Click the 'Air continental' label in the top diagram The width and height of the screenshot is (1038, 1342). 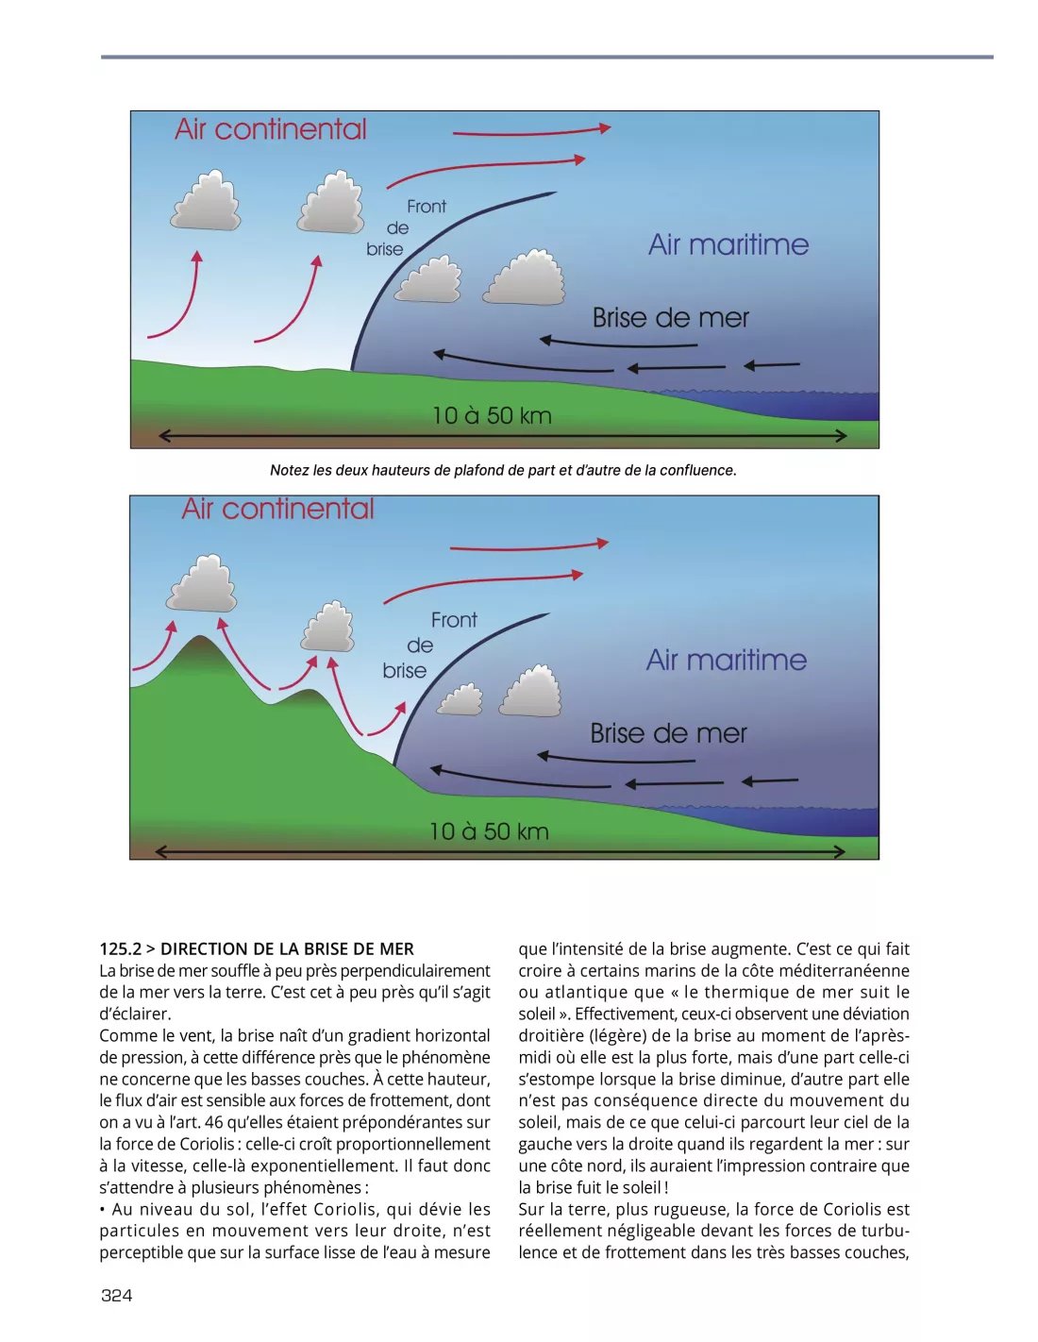(x=271, y=129)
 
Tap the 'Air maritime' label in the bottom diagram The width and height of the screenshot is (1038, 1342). (x=727, y=660)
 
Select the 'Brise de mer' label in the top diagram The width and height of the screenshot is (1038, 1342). (x=670, y=318)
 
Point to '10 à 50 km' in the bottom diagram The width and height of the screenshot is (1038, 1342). (x=489, y=831)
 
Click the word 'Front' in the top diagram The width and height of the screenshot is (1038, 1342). (x=427, y=207)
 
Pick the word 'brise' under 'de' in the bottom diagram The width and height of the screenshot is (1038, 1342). (x=405, y=671)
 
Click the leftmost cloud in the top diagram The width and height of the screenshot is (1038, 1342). (x=206, y=201)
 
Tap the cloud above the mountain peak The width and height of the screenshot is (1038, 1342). (x=202, y=584)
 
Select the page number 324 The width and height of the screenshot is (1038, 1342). (x=117, y=1295)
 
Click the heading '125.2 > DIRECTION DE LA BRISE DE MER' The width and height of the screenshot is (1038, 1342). (x=257, y=948)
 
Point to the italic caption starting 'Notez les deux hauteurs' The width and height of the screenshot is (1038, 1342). (x=503, y=470)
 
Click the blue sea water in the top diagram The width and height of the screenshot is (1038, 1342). (x=830, y=406)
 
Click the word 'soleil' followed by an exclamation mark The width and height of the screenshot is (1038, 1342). (x=640, y=1187)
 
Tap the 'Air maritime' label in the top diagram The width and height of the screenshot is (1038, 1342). (x=728, y=245)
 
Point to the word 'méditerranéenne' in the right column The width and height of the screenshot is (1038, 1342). (x=844, y=970)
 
